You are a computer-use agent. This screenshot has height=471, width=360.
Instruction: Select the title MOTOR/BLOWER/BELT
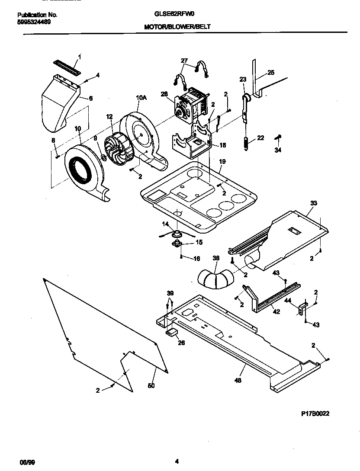click(x=178, y=26)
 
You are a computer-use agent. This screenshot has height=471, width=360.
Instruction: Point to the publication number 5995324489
click(x=34, y=22)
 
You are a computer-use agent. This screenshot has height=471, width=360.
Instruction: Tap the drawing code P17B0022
click(x=315, y=413)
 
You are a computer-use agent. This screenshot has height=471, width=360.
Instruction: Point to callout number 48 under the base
click(x=238, y=380)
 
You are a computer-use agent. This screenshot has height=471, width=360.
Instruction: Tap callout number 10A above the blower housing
click(x=141, y=98)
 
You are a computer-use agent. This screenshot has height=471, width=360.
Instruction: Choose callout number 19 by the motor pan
click(x=222, y=161)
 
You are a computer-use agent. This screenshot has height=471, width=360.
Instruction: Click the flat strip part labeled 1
click(x=67, y=66)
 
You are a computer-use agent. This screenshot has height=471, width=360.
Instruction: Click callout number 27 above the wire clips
click(x=184, y=61)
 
